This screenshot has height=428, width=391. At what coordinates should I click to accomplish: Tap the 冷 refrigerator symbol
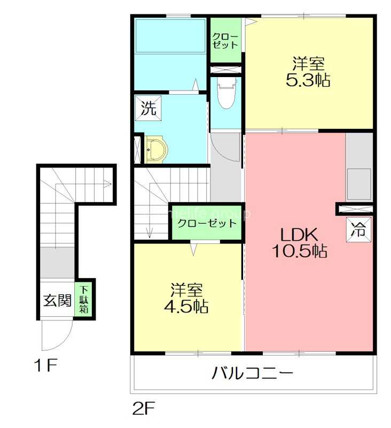click(x=358, y=230)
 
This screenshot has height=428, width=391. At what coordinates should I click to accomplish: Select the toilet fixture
click(x=226, y=94)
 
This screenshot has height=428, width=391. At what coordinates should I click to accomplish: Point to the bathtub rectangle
click(x=170, y=36)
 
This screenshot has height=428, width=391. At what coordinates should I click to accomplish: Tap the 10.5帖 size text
click(x=300, y=251)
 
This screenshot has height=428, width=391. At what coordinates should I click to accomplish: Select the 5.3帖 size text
click(x=308, y=80)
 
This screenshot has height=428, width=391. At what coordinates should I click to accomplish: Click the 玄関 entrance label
click(x=57, y=300)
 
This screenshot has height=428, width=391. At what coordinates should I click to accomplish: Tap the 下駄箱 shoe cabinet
click(x=84, y=300)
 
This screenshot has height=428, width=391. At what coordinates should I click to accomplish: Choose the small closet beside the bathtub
click(x=225, y=41)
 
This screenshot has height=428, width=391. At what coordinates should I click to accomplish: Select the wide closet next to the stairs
click(x=207, y=223)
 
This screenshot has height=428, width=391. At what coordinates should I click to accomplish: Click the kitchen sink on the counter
click(x=359, y=184)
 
